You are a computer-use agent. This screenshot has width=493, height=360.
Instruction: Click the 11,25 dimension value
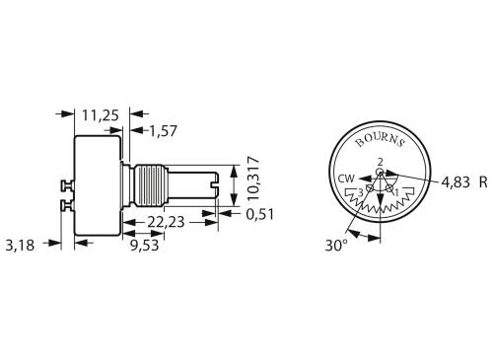(x=100, y=115)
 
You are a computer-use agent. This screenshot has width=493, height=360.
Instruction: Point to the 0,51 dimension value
(x=260, y=213)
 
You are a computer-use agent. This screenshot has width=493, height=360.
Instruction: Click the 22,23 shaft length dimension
(x=164, y=223)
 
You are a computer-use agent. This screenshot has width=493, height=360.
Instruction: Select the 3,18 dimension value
(x=21, y=245)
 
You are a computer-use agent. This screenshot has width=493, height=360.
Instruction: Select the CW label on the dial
(x=346, y=179)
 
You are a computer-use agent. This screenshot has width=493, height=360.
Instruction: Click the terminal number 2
(x=380, y=162)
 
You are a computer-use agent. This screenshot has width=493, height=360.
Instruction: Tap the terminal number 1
(x=396, y=192)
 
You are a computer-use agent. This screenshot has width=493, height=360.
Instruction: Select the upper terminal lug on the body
(x=68, y=183)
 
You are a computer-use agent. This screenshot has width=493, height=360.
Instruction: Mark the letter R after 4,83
(x=483, y=181)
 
